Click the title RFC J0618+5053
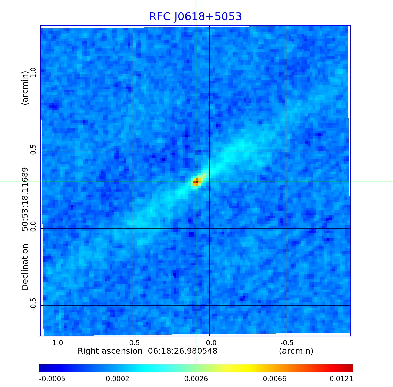(195, 17)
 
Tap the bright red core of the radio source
(196, 182)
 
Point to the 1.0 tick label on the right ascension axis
(58, 343)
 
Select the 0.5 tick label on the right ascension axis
(134, 343)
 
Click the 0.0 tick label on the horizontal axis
(211, 343)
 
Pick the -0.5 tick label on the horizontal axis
(287, 343)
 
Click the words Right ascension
(110, 351)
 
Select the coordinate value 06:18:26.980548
(183, 351)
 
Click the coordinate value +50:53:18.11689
(25, 202)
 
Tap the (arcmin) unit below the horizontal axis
(296, 351)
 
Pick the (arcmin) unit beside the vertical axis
(25, 88)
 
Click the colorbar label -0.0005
(52, 379)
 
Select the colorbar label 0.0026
(196, 379)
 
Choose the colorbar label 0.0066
(275, 379)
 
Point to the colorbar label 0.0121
(341, 379)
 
